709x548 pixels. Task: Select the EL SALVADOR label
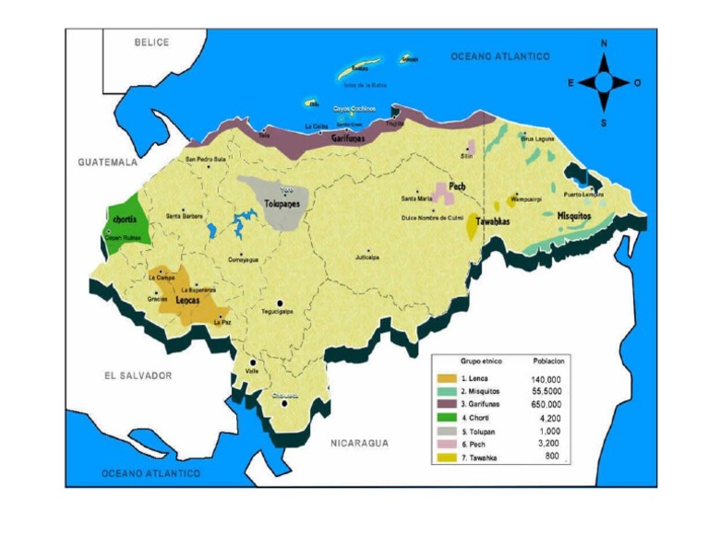tap(138, 375)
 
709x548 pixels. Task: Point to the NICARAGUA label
tap(360, 443)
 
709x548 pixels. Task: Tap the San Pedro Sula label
tap(206, 160)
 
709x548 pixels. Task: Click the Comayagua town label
tap(243, 259)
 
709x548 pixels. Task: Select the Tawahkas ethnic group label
tap(494, 221)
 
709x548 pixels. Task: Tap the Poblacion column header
tap(548, 361)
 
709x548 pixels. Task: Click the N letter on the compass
tap(604, 43)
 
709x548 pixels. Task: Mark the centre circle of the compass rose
tap(604, 83)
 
